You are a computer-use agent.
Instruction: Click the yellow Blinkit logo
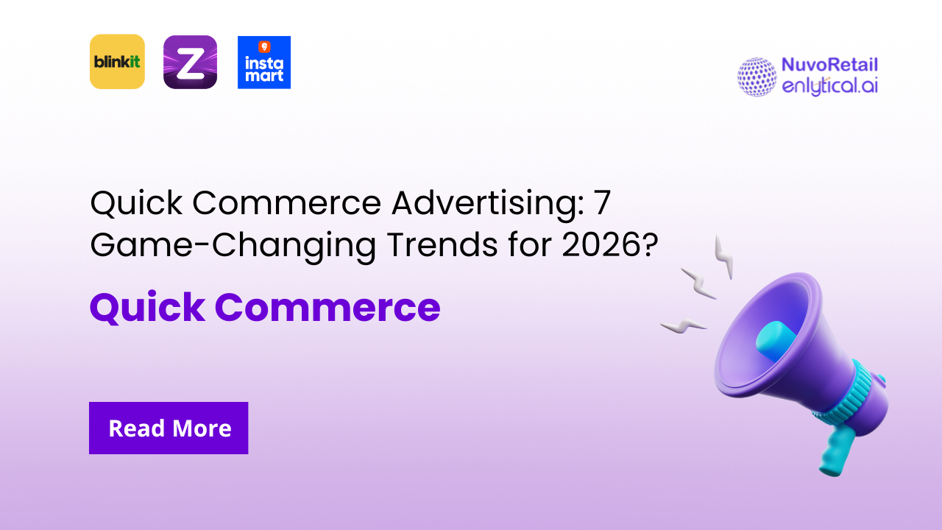[117, 62]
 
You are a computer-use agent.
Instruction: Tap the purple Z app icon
[190, 62]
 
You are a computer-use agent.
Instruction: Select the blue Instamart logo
[264, 62]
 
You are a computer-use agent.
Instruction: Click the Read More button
[169, 428]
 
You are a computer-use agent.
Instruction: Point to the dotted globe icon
[757, 77]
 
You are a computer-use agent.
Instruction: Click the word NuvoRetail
[829, 66]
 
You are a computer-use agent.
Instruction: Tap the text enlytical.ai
[829, 86]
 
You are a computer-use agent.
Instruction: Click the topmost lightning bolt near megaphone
[724, 257]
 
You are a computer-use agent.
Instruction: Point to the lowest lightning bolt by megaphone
[684, 324]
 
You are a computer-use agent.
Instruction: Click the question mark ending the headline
[648, 245]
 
